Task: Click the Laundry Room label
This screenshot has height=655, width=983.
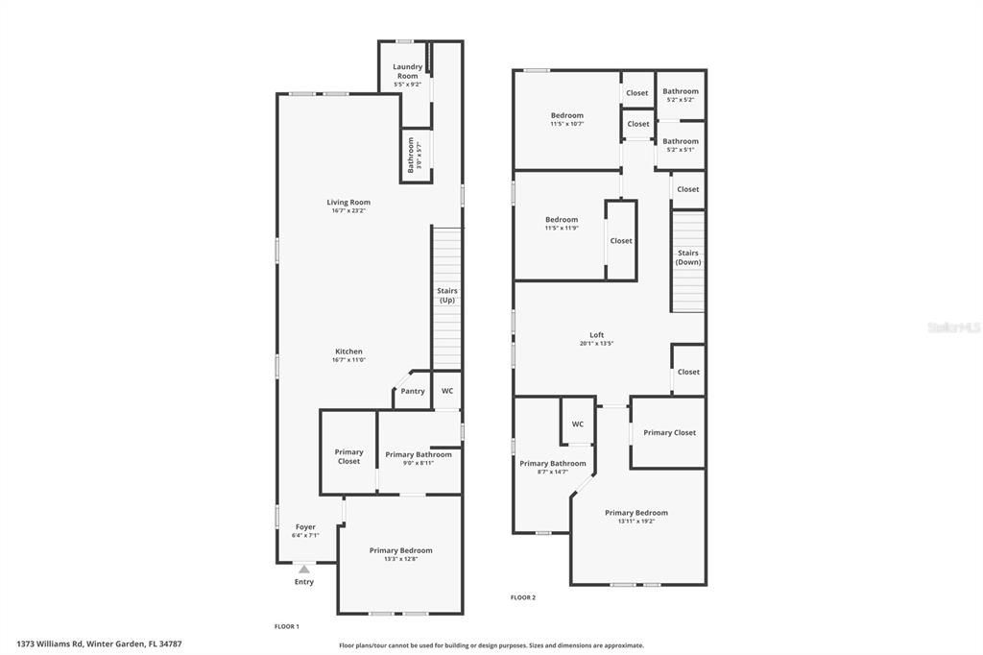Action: pos(407,71)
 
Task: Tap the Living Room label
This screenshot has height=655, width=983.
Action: pos(348,203)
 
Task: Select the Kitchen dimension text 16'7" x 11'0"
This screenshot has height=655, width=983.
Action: pos(348,360)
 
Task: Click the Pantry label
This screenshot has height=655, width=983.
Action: pos(413,392)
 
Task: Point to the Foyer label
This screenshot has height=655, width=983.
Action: pos(305,527)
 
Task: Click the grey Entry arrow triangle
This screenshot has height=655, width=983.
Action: pos(304,570)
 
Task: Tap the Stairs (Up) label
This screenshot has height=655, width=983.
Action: pos(447,295)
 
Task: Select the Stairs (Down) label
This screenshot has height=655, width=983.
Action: pos(687,257)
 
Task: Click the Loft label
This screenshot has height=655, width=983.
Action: pos(596,335)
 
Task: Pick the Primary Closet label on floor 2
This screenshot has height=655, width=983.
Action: pos(670,433)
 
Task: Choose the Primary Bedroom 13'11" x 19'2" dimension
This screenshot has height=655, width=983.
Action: pos(636,522)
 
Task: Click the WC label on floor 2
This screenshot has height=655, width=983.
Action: pos(578,425)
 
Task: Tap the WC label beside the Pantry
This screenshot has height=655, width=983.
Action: pos(447,392)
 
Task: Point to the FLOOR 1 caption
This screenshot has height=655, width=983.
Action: pos(287,626)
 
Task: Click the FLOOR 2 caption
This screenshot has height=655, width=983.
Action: pos(523,597)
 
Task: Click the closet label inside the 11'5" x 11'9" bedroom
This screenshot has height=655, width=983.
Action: pos(621,241)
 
